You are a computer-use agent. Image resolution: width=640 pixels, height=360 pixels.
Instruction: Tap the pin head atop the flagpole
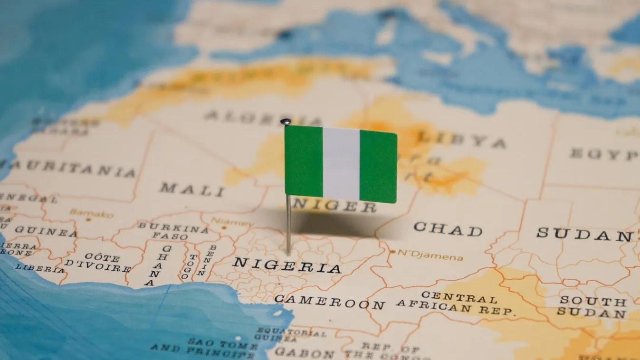pyautogui.click(x=285, y=122)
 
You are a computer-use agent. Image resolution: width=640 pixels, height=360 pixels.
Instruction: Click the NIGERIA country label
pyautogui.click(x=287, y=265)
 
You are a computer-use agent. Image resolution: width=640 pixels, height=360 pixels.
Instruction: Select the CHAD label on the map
pyautogui.click(x=448, y=229)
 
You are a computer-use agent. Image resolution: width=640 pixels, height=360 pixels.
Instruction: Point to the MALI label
pyautogui.click(x=191, y=189)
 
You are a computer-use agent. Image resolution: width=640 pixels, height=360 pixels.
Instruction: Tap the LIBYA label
pyautogui.click(x=461, y=140)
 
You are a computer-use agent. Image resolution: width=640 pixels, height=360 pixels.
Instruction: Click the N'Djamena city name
pyautogui.click(x=430, y=257)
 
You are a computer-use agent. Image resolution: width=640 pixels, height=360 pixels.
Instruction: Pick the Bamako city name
pyautogui.click(x=92, y=213)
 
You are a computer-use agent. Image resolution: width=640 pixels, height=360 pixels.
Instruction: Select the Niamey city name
pyautogui.click(x=232, y=221)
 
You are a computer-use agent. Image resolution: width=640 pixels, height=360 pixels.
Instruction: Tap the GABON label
pyautogui.click(x=304, y=352)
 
